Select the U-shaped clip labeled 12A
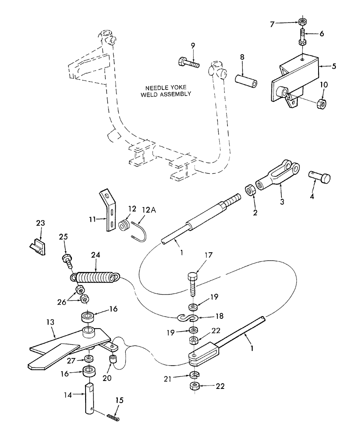pos(138,232)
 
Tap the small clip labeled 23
pos(38,246)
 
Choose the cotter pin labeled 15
pos(113,415)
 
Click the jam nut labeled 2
pos(250,191)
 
